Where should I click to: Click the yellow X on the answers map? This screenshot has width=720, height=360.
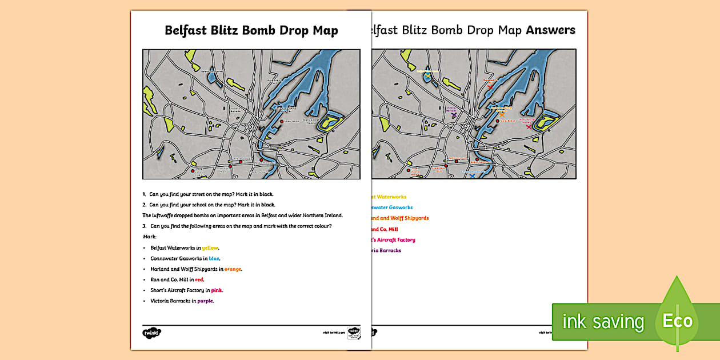point(427,75)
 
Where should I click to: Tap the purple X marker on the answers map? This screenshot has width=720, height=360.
point(454,115)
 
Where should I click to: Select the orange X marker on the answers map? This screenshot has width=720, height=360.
point(502,114)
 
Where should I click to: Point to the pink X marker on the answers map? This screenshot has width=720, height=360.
point(529,126)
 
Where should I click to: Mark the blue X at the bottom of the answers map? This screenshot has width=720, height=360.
point(471,176)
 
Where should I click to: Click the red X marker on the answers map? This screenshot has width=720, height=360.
point(490,86)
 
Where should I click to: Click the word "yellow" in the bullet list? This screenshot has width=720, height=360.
point(210,248)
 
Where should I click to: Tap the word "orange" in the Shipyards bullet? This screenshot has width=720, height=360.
point(233,269)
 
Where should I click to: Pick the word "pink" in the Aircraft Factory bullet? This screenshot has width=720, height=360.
point(217,290)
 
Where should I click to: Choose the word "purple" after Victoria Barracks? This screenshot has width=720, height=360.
point(205,301)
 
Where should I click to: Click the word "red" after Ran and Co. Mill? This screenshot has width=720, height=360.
point(199,280)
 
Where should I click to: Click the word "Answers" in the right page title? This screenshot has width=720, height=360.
point(550,30)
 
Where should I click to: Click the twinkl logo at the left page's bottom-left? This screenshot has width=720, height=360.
point(151,333)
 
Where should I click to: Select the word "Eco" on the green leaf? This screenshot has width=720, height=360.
point(677,321)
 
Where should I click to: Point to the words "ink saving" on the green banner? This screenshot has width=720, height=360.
point(603,322)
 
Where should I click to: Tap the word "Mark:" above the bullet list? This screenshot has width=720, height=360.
point(150,236)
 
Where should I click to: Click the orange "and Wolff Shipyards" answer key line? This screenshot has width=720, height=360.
point(400,218)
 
